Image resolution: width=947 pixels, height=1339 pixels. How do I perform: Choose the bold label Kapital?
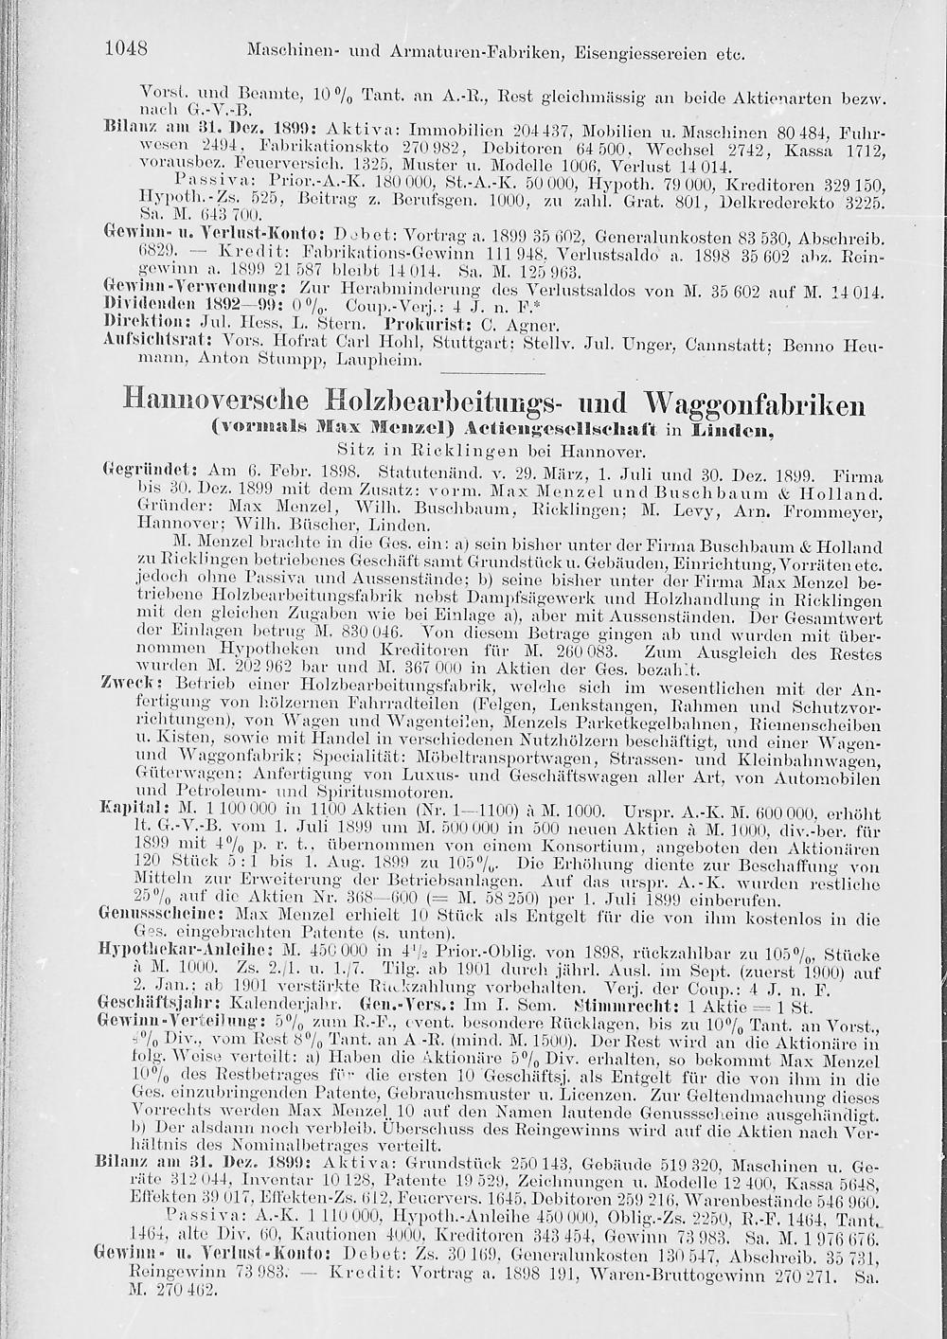[x=127, y=812]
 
